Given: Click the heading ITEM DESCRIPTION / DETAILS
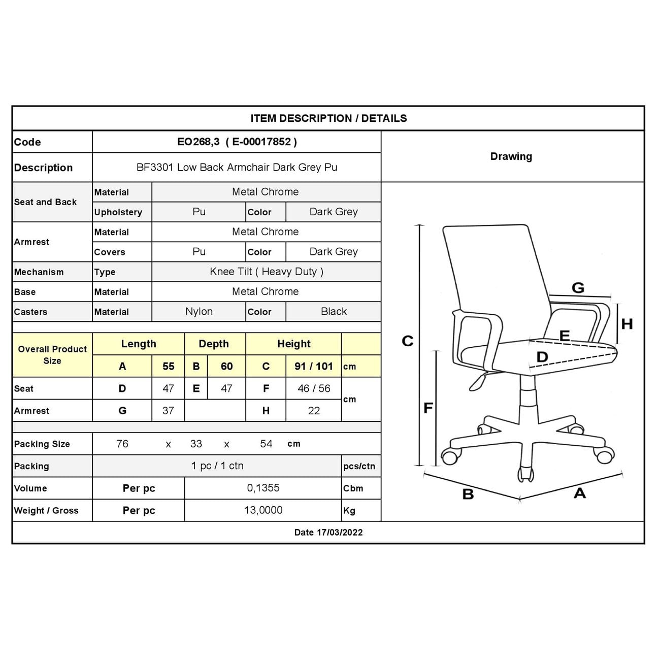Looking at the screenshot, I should point(328,118).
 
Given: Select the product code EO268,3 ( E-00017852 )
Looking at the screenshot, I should point(237,142).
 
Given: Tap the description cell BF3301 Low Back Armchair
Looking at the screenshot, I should point(237,167).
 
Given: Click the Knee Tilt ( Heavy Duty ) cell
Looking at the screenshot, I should point(266,272).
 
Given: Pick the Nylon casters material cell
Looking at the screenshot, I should point(199,311).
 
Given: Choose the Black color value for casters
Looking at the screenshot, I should point(334,311).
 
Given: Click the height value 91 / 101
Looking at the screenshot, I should point(313,366).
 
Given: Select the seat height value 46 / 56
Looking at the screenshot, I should point(313,388).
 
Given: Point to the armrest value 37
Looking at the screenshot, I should point(168,410).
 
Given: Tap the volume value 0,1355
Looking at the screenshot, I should point(263,488).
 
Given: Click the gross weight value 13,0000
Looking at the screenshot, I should point(263,510).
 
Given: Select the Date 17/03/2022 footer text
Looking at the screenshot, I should point(328,532).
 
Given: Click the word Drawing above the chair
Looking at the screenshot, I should point(511,156).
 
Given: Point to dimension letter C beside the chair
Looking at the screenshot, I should point(407,341).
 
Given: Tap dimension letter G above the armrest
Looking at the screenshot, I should point(578,288).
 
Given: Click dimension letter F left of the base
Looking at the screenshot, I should point(428,407).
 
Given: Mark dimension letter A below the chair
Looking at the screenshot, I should point(579,492).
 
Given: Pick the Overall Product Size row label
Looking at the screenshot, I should point(52,355).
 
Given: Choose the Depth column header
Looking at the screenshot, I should point(214,344).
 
